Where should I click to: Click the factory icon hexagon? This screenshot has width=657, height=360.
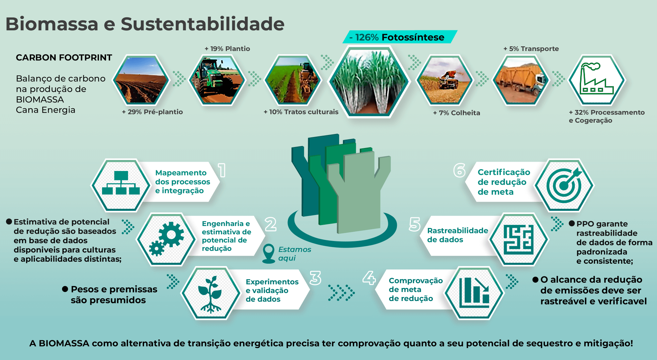597,80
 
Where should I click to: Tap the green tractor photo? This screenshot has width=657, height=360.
217,80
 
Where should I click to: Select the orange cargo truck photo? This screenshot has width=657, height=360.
521,80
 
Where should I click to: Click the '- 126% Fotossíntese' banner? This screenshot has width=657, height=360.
400,37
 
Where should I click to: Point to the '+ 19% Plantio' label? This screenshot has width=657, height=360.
227,49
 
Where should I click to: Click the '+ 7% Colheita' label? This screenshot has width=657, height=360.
456,113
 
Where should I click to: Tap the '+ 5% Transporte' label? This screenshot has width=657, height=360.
531,49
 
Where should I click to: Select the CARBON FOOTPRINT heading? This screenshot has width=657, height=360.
64,58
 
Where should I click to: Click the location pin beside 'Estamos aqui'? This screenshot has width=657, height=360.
268,254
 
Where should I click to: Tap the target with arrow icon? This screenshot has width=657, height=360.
564,185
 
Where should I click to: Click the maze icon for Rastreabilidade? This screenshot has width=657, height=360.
518,240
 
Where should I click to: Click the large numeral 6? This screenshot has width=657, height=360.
459,170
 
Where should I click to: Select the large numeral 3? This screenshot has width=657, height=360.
315,278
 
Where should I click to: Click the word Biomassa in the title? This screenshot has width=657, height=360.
52,24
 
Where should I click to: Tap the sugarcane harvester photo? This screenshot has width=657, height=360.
445,80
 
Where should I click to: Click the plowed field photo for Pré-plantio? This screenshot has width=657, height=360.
141,80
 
